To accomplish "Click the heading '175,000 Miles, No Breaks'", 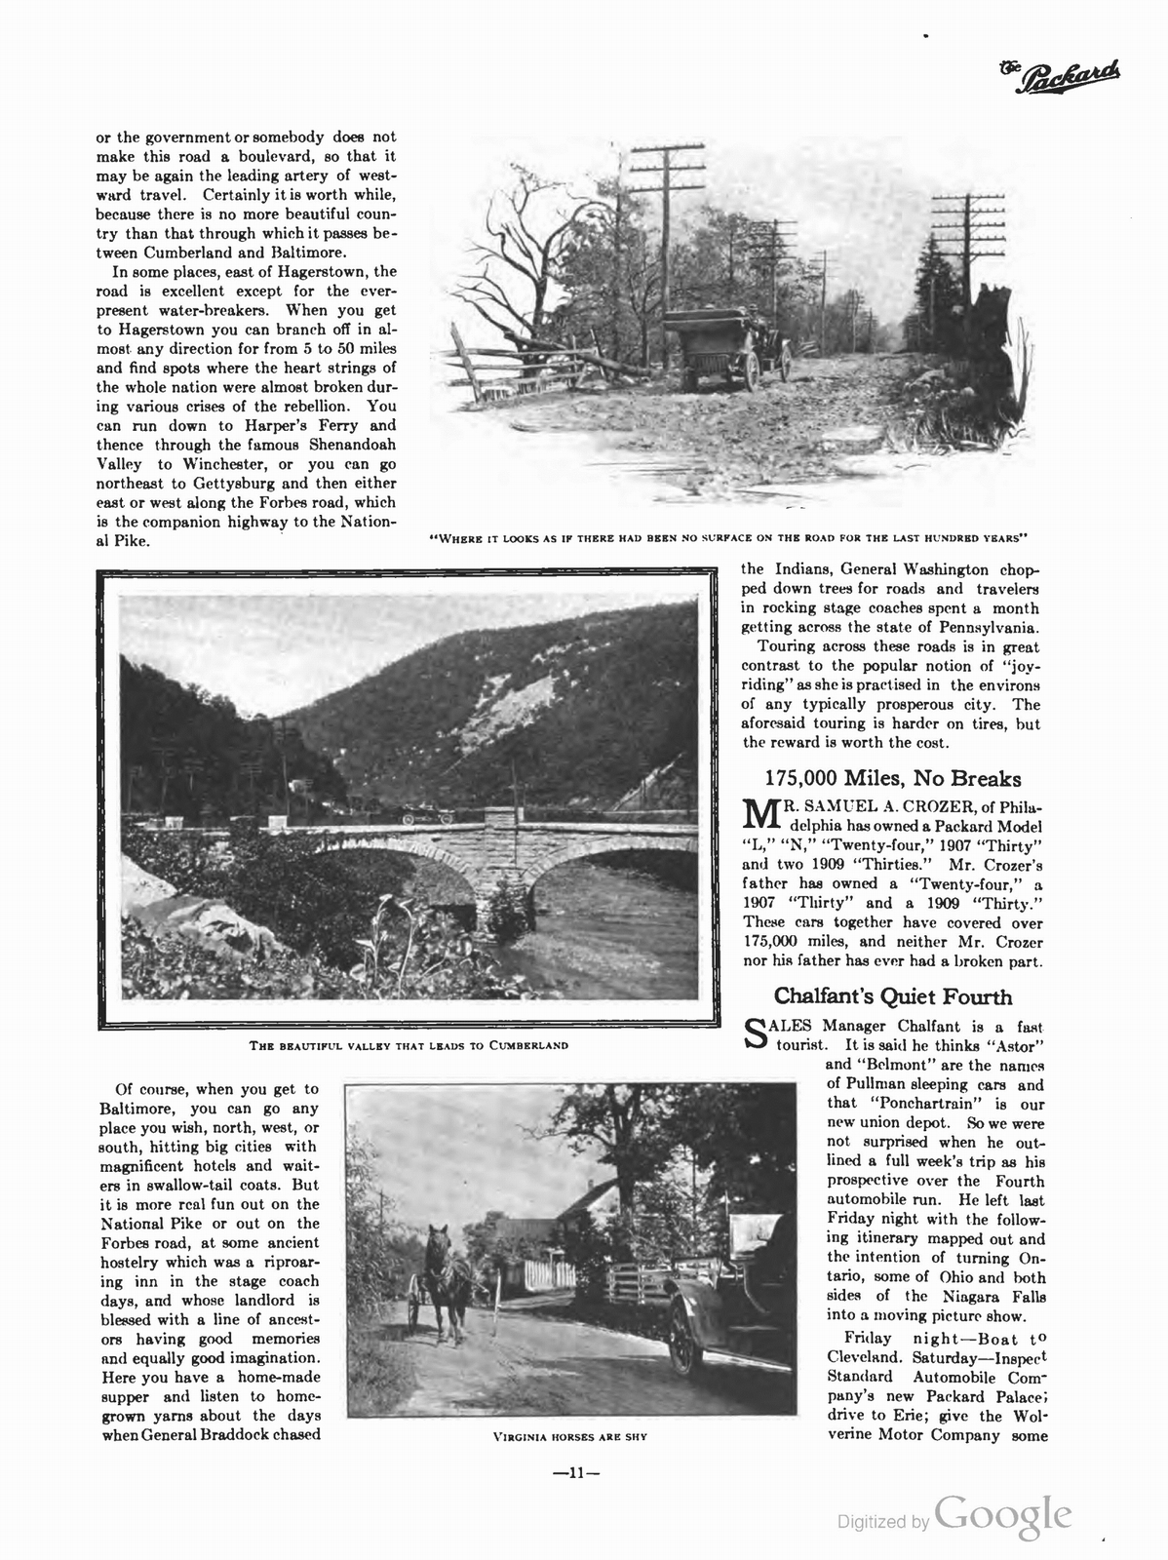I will coord(892,778).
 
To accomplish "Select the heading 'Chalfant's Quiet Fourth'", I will coord(892,996).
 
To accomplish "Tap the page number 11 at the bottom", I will coord(576,1474).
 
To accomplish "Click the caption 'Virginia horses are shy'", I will coord(570,1436).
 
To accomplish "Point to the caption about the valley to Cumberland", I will coord(409,1045).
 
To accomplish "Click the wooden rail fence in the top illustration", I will coord(517,366).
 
